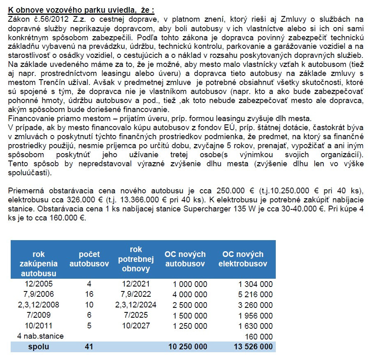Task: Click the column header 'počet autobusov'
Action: (x=89, y=259)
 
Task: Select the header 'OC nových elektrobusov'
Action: (x=242, y=259)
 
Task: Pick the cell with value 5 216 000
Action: (x=256, y=294)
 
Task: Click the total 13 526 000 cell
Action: (x=253, y=347)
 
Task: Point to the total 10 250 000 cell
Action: (x=188, y=347)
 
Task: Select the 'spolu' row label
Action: (x=39, y=347)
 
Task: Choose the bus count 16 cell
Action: (x=89, y=294)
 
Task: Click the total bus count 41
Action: (x=89, y=347)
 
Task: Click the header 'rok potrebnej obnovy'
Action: (x=136, y=259)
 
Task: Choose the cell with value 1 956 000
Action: (x=256, y=315)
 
